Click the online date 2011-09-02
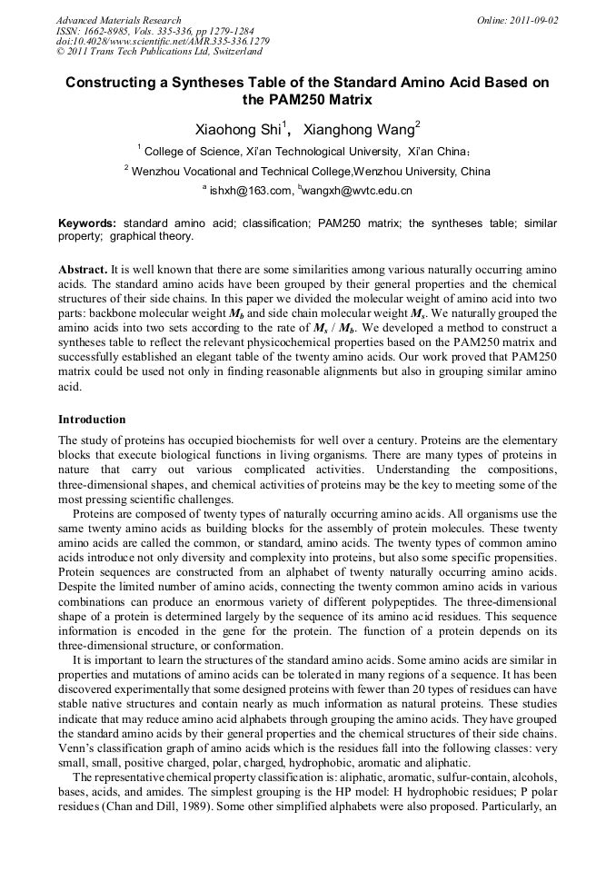click(531, 20)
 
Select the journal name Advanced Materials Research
click(118, 20)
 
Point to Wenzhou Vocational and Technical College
click(241, 171)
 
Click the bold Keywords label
click(87, 223)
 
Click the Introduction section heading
click(92, 420)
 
